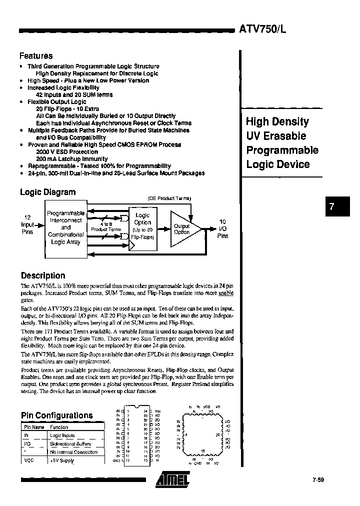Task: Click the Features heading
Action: point(36,56)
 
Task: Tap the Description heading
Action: point(43,275)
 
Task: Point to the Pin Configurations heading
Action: point(57,415)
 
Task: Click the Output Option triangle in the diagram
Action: point(184,229)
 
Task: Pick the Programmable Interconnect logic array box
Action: point(65,227)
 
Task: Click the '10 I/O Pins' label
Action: point(222,228)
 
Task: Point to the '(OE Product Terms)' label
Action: point(169,198)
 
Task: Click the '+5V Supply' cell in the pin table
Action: point(62,460)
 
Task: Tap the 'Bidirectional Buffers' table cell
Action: point(70,443)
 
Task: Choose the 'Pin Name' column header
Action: point(34,427)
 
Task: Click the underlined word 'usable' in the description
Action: point(226,293)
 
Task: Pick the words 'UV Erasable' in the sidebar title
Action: point(275,136)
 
